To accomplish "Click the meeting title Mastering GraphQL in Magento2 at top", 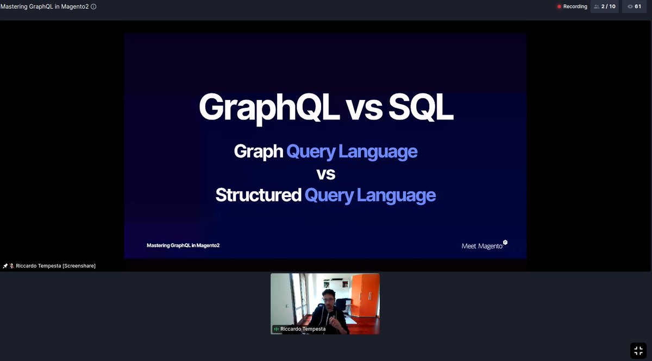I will pos(45,7).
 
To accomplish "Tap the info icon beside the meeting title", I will pos(93,7).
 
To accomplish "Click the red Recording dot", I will pos(559,7).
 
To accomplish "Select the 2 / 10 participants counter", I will pos(605,7).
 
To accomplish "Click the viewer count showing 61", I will pos(634,7).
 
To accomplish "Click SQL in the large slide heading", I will pos(421,108).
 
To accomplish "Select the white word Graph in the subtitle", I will pos(258,151).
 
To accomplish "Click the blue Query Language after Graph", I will pos(352,151).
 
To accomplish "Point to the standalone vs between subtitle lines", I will pos(325,174).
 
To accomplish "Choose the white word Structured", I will pos(258,195).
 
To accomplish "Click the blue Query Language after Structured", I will pos(370,195).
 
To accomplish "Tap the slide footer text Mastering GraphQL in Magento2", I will pos(183,245).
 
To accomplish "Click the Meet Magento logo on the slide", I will pos(484,245).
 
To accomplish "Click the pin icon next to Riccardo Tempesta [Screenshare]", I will pos(5,265).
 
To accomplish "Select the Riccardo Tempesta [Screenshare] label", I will pos(55,265).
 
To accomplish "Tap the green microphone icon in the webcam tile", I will pos(276,329).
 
